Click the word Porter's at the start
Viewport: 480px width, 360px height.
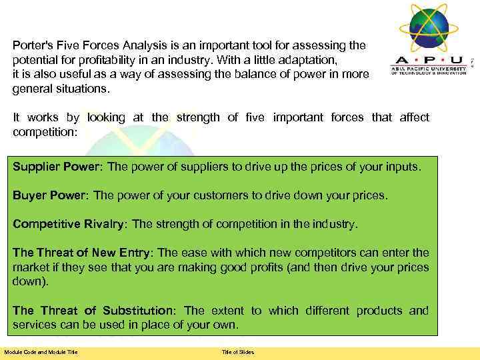click(x=33, y=45)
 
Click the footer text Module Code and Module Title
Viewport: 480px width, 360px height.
click(x=41, y=352)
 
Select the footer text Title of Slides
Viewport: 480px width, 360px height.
click(x=238, y=352)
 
